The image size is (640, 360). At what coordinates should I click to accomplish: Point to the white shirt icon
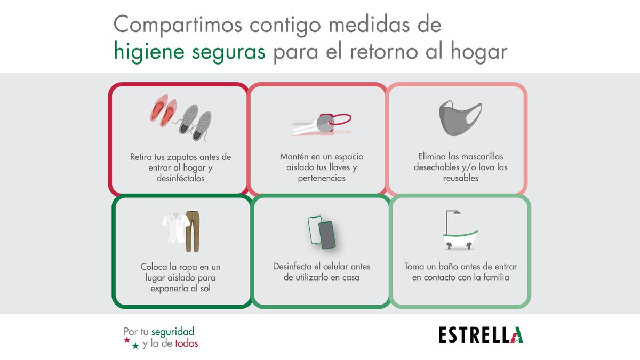coord(173,228)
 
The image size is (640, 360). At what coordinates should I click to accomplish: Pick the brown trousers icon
coord(191,231)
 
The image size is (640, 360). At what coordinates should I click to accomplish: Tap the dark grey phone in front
coord(327,235)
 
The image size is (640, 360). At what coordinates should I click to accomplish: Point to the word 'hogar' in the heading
coord(478,53)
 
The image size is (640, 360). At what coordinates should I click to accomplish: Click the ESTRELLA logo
coord(481,335)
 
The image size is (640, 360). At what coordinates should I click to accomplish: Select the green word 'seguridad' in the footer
coord(173,331)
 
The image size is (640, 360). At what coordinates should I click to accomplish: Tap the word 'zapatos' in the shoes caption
coord(179,157)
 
